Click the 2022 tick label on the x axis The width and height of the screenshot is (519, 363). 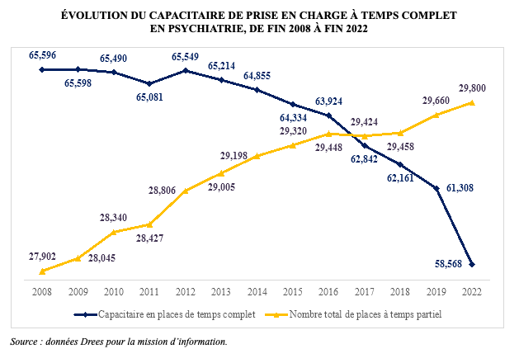click(x=472, y=291)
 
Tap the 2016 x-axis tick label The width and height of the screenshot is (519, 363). click(x=328, y=291)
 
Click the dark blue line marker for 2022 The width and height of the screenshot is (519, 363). click(x=472, y=264)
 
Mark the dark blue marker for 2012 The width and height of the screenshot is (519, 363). click(x=185, y=71)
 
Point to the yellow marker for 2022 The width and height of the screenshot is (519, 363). click(x=472, y=102)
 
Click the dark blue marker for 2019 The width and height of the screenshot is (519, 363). click(x=436, y=189)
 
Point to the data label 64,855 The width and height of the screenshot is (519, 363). click(x=263, y=77)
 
